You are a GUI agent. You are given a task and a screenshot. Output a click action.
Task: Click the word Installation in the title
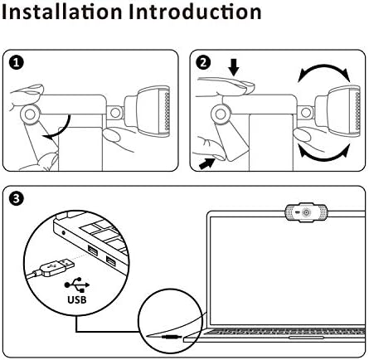click(x=62, y=12)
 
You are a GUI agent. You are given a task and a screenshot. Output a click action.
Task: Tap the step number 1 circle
click(x=17, y=63)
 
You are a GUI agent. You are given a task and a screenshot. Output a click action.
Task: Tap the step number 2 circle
click(x=203, y=63)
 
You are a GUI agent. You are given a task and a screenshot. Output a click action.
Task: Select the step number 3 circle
click(x=17, y=199)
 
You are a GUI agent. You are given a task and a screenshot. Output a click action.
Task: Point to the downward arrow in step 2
click(x=234, y=68)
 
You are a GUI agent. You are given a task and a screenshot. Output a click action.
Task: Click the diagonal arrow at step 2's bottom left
click(x=207, y=163)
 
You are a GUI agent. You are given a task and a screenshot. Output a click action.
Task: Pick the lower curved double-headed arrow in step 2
click(x=324, y=158)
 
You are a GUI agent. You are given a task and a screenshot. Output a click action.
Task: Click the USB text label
click(x=77, y=299)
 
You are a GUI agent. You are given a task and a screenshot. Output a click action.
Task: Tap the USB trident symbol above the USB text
click(x=77, y=285)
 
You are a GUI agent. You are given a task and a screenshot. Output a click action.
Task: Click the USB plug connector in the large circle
click(x=56, y=267)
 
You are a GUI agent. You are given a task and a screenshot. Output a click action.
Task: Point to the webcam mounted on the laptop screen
click(x=306, y=212)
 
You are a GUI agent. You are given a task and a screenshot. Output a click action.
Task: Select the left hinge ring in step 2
click(x=221, y=114)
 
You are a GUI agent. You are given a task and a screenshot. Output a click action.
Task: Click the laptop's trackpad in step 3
click(x=306, y=338)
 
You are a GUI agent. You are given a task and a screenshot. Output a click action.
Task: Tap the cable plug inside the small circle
click(x=172, y=337)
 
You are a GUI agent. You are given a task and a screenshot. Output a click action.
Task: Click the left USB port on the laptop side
click(x=93, y=251)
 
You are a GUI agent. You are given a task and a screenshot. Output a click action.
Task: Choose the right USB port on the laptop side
click(x=111, y=261)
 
